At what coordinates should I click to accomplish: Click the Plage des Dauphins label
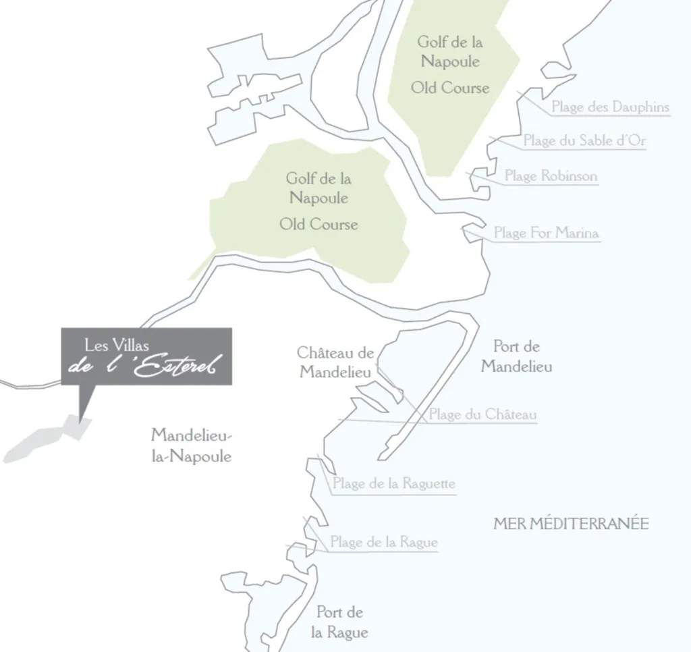coord(610,107)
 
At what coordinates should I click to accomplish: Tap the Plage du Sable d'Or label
coord(584,141)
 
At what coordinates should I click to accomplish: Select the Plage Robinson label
coord(551,176)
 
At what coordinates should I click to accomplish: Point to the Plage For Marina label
coord(546,233)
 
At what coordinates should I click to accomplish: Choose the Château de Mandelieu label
coord(335,362)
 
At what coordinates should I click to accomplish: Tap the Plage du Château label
coord(482,414)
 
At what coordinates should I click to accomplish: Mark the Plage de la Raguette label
coord(394,483)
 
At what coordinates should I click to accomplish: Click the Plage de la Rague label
coord(383,542)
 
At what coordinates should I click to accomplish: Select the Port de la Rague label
coord(339,622)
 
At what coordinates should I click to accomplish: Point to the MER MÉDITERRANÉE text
coord(571,524)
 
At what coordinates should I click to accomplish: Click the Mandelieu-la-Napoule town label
coord(191,445)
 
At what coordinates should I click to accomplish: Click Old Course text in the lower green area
coord(319,224)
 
